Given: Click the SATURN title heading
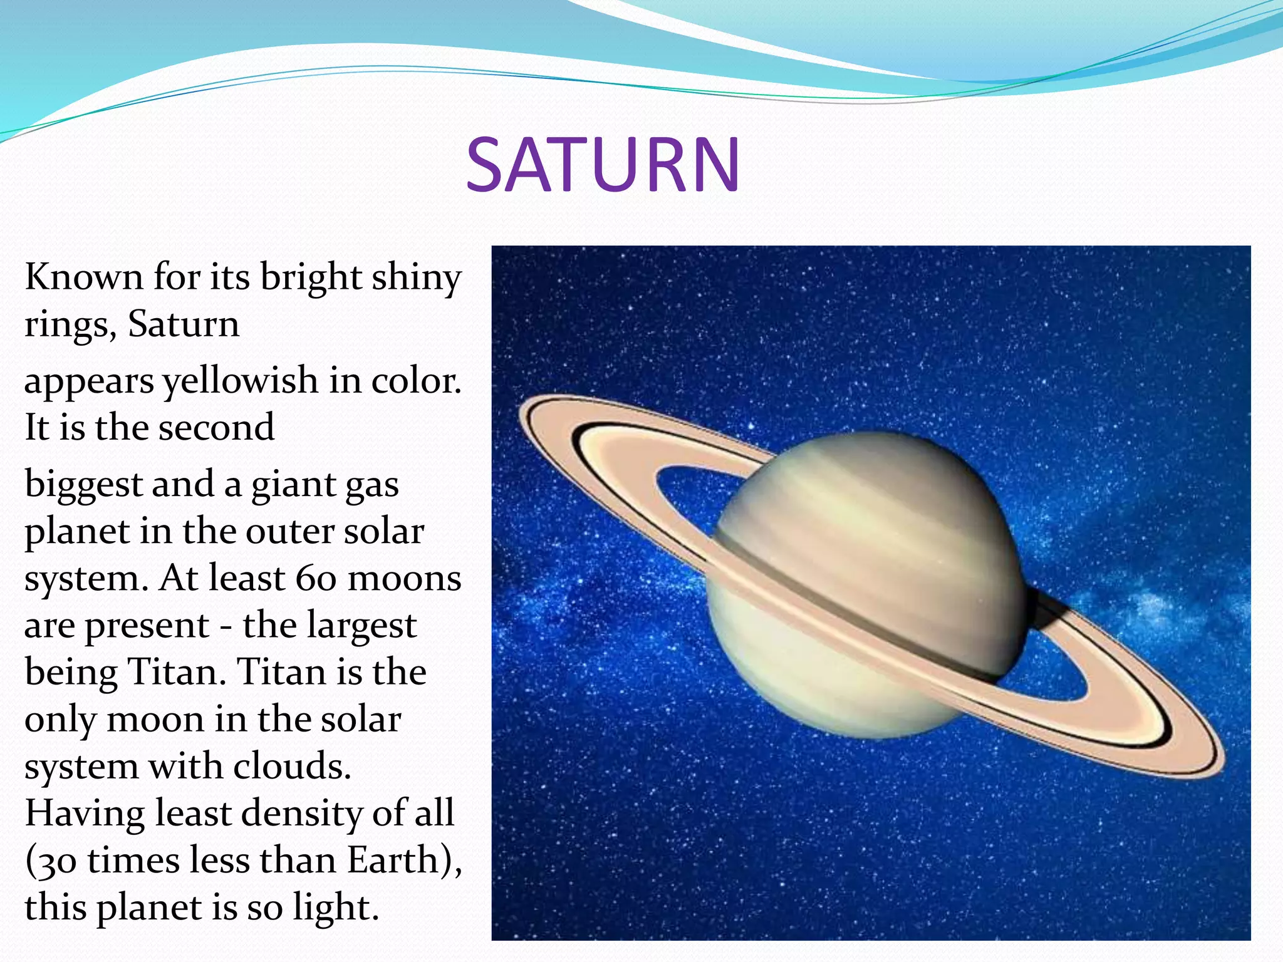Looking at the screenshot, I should point(603,165).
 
